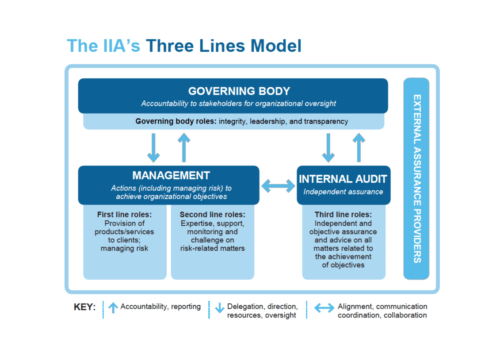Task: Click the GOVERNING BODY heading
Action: [239, 91]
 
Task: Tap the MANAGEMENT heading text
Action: [171, 175]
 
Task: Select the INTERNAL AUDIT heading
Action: [343, 179]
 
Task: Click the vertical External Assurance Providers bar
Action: [416, 178]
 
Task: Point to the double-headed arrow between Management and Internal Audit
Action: [278, 186]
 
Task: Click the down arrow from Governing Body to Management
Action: [153, 148]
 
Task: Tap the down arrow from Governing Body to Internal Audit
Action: [328, 148]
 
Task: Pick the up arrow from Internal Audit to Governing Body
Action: [359, 148]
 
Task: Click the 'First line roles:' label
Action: [124, 215]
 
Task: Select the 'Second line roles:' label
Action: [212, 215]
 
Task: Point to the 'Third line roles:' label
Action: [343, 215]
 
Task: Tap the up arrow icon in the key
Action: [113, 307]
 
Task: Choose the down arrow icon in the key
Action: [220, 308]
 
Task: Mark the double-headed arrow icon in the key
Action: [324, 308]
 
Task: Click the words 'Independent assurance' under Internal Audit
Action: [343, 192]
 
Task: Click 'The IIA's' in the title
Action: [104, 46]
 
